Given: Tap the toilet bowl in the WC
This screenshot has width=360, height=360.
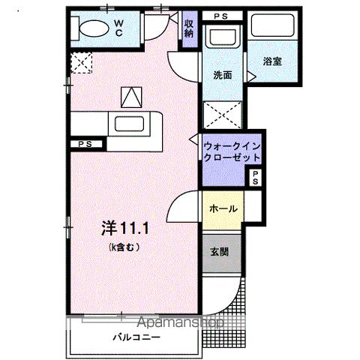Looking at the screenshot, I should tap(92, 29).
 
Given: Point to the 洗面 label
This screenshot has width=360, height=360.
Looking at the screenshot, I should tap(222, 75).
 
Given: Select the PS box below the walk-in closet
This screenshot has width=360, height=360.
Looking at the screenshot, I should tap(255, 178).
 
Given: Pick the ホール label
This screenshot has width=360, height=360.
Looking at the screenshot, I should tap(223, 208).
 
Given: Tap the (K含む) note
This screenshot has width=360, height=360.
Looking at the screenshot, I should tap(124, 247).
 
